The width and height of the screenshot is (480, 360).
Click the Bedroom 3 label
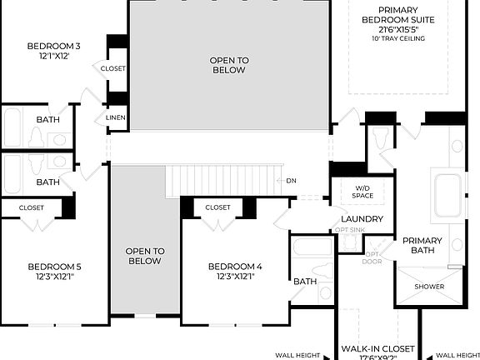pos(53,46)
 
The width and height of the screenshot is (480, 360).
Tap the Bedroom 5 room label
pos(54,267)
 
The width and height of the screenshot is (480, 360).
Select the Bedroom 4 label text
pos(235,267)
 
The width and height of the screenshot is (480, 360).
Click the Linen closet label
pos(116,118)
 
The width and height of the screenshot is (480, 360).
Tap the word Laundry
pos(362,219)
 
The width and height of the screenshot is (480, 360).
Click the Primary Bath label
pos(422,246)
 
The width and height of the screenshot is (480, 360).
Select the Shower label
pos(430,287)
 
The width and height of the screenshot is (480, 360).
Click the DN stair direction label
pos(291,181)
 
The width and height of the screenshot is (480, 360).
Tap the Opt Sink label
pos(350,230)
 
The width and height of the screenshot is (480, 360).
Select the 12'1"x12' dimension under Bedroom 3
pos(53,57)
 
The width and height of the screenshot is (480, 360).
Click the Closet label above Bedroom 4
pos(217,207)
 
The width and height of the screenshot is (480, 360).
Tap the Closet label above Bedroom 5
pos(32,207)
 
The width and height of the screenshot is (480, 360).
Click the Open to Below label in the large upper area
pos(228,65)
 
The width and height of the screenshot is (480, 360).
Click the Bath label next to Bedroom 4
pos(305,282)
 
